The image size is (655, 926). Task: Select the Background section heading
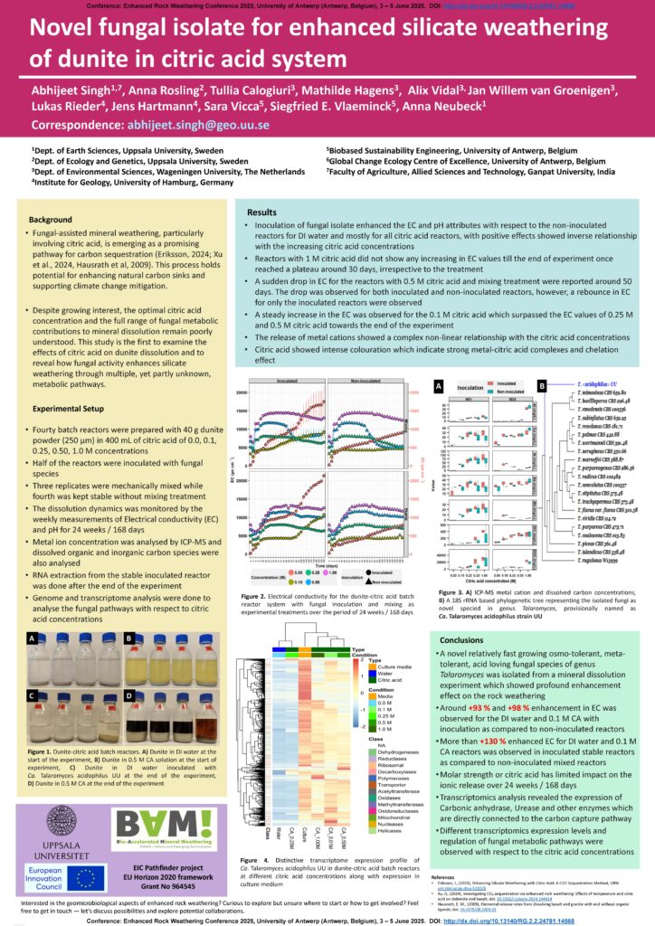coord(52,221)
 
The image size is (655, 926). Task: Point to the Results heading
coord(261,211)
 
